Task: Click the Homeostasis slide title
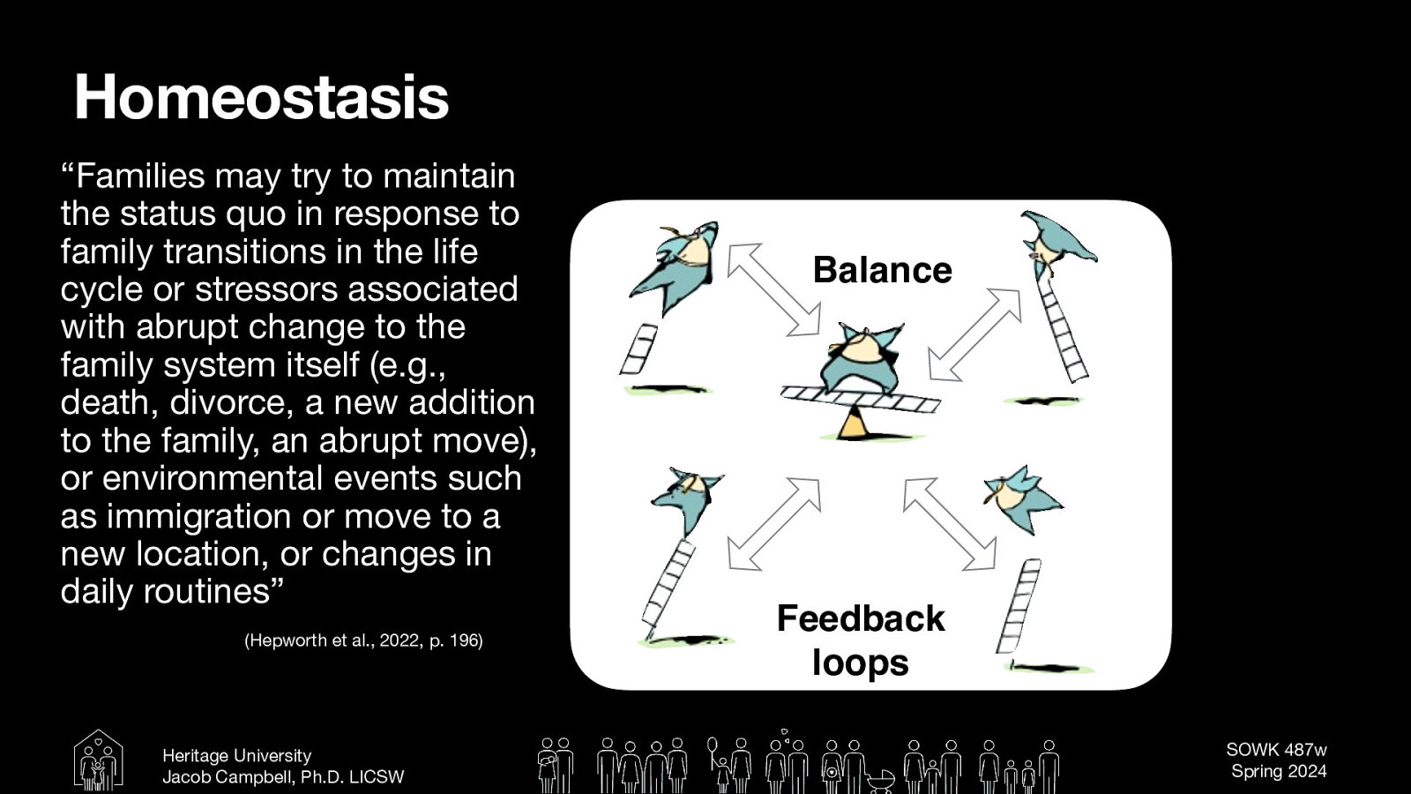(x=261, y=97)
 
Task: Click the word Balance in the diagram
(x=882, y=270)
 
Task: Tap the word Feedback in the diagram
(x=860, y=618)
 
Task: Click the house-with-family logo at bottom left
(x=98, y=760)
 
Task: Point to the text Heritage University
(x=236, y=756)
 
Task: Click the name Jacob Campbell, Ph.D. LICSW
(x=282, y=777)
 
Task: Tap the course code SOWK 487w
(x=1276, y=750)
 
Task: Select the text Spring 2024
(x=1278, y=771)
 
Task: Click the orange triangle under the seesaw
(x=853, y=425)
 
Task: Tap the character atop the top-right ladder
(x=1057, y=238)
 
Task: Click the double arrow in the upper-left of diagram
(x=773, y=289)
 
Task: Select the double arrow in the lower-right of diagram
(x=949, y=523)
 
